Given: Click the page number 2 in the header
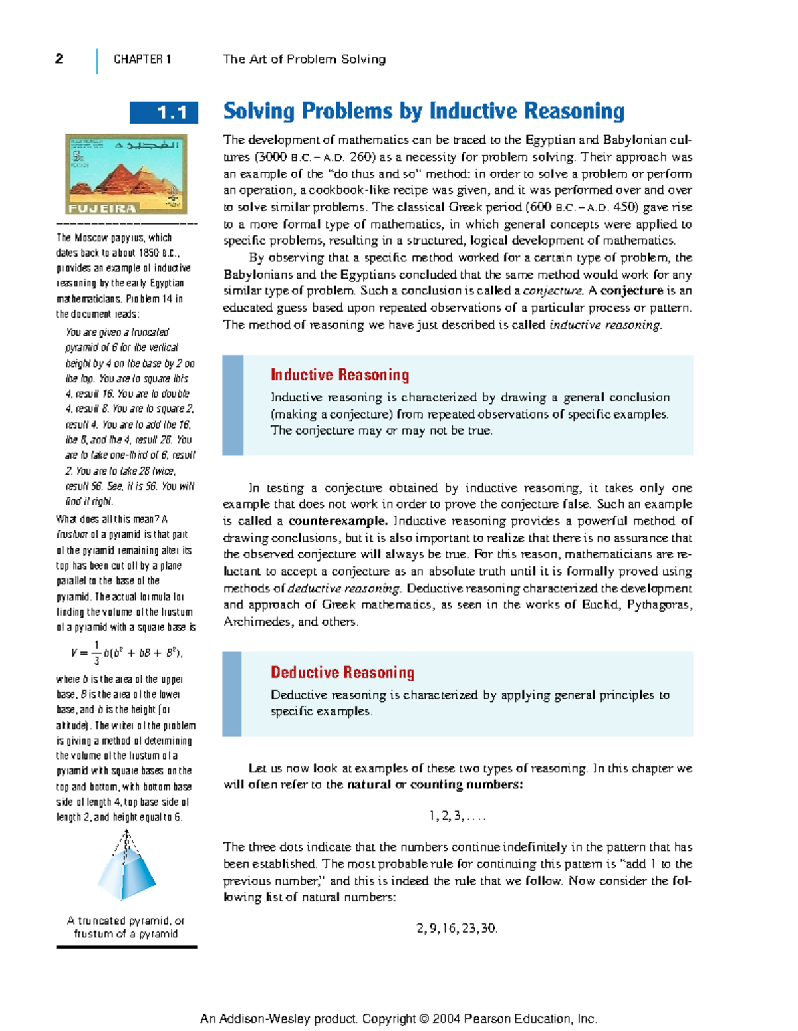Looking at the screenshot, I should [59, 59].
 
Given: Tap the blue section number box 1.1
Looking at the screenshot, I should [164, 113].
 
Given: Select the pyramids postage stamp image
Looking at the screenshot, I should [126, 173].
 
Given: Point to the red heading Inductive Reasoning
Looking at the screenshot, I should [340, 375].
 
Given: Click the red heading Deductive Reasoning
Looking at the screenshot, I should [342, 673].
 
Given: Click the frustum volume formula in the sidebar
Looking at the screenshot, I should [126, 653].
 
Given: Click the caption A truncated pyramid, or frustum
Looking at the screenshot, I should [126, 927].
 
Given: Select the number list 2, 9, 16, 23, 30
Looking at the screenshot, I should [457, 929].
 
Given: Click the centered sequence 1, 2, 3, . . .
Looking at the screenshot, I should [457, 816].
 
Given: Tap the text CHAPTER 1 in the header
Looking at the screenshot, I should [142, 59].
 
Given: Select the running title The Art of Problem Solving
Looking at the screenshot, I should [304, 59].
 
